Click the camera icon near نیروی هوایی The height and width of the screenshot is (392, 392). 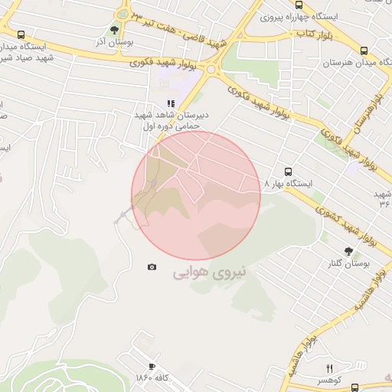pyautogui.click(x=152, y=266)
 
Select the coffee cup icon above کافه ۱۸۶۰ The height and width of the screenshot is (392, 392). pyautogui.click(x=152, y=367)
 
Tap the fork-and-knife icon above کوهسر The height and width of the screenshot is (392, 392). pyautogui.click(x=329, y=368)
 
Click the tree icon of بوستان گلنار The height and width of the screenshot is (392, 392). pyautogui.click(x=349, y=251)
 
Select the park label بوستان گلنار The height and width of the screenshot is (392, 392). pyautogui.click(x=347, y=263)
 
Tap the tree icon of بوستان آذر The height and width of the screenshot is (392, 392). pyautogui.click(x=114, y=31)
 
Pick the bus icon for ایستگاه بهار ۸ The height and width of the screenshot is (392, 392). pyautogui.click(x=288, y=171)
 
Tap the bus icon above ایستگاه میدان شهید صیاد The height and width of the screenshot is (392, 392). pyautogui.click(x=21, y=34)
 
